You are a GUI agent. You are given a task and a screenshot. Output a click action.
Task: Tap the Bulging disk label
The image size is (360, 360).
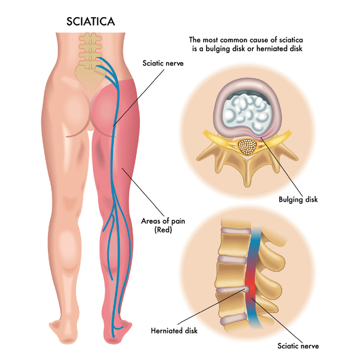point(298,199)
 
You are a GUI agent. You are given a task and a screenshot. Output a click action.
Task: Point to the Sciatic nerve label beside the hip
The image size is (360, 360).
point(158,63)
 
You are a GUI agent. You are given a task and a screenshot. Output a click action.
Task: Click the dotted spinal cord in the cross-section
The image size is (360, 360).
point(247,147)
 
